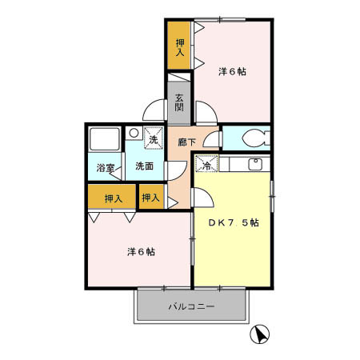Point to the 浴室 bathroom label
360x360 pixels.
[106, 168]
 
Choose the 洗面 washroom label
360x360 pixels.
[144, 166]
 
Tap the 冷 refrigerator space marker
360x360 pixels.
[206, 165]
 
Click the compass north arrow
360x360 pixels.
[260, 334]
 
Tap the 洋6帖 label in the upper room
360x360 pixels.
[232, 71]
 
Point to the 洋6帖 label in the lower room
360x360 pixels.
[141, 251]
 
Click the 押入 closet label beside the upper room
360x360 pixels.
[179, 47]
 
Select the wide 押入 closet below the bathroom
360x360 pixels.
[113, 197]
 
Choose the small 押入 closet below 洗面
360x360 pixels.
[150, 197]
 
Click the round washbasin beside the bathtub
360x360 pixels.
[133, 133]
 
